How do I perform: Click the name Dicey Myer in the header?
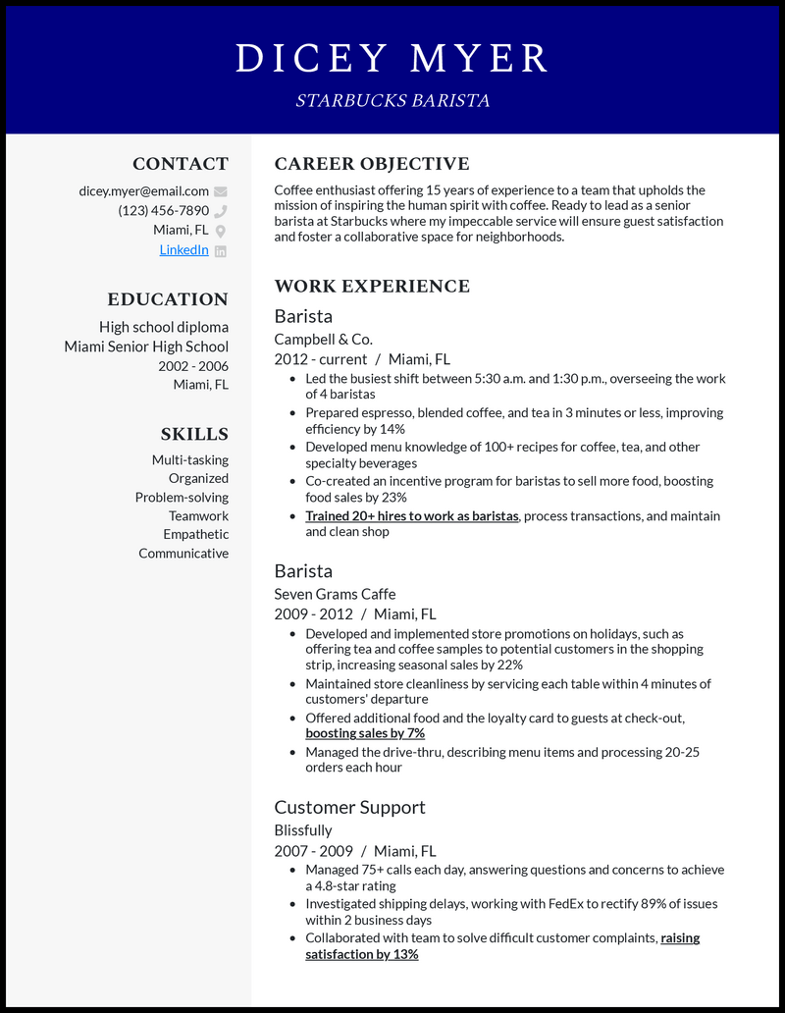coord(392,58)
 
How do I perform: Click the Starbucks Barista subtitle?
coord(392,101)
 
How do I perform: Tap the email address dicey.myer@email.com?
coord(144,191)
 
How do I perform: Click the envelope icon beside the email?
coord(221,191)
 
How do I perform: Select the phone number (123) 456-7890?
coord(163,211)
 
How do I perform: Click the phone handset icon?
coord(221,211)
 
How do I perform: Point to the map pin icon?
coord(221,231)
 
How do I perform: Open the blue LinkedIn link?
coord(183,250)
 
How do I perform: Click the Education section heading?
coord(168,299)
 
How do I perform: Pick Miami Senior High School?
coord(146,347)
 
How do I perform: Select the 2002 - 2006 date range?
coord(193,366)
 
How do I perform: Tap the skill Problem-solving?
coord(182,498)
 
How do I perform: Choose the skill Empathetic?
coord(195,535)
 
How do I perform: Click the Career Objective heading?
coord(372,164)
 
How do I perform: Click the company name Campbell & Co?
coord(323,340)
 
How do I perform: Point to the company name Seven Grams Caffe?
coord(335,594)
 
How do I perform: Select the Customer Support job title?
coord(349,808)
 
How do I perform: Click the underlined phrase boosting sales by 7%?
coord(365,733)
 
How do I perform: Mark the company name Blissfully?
coord(303,830)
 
